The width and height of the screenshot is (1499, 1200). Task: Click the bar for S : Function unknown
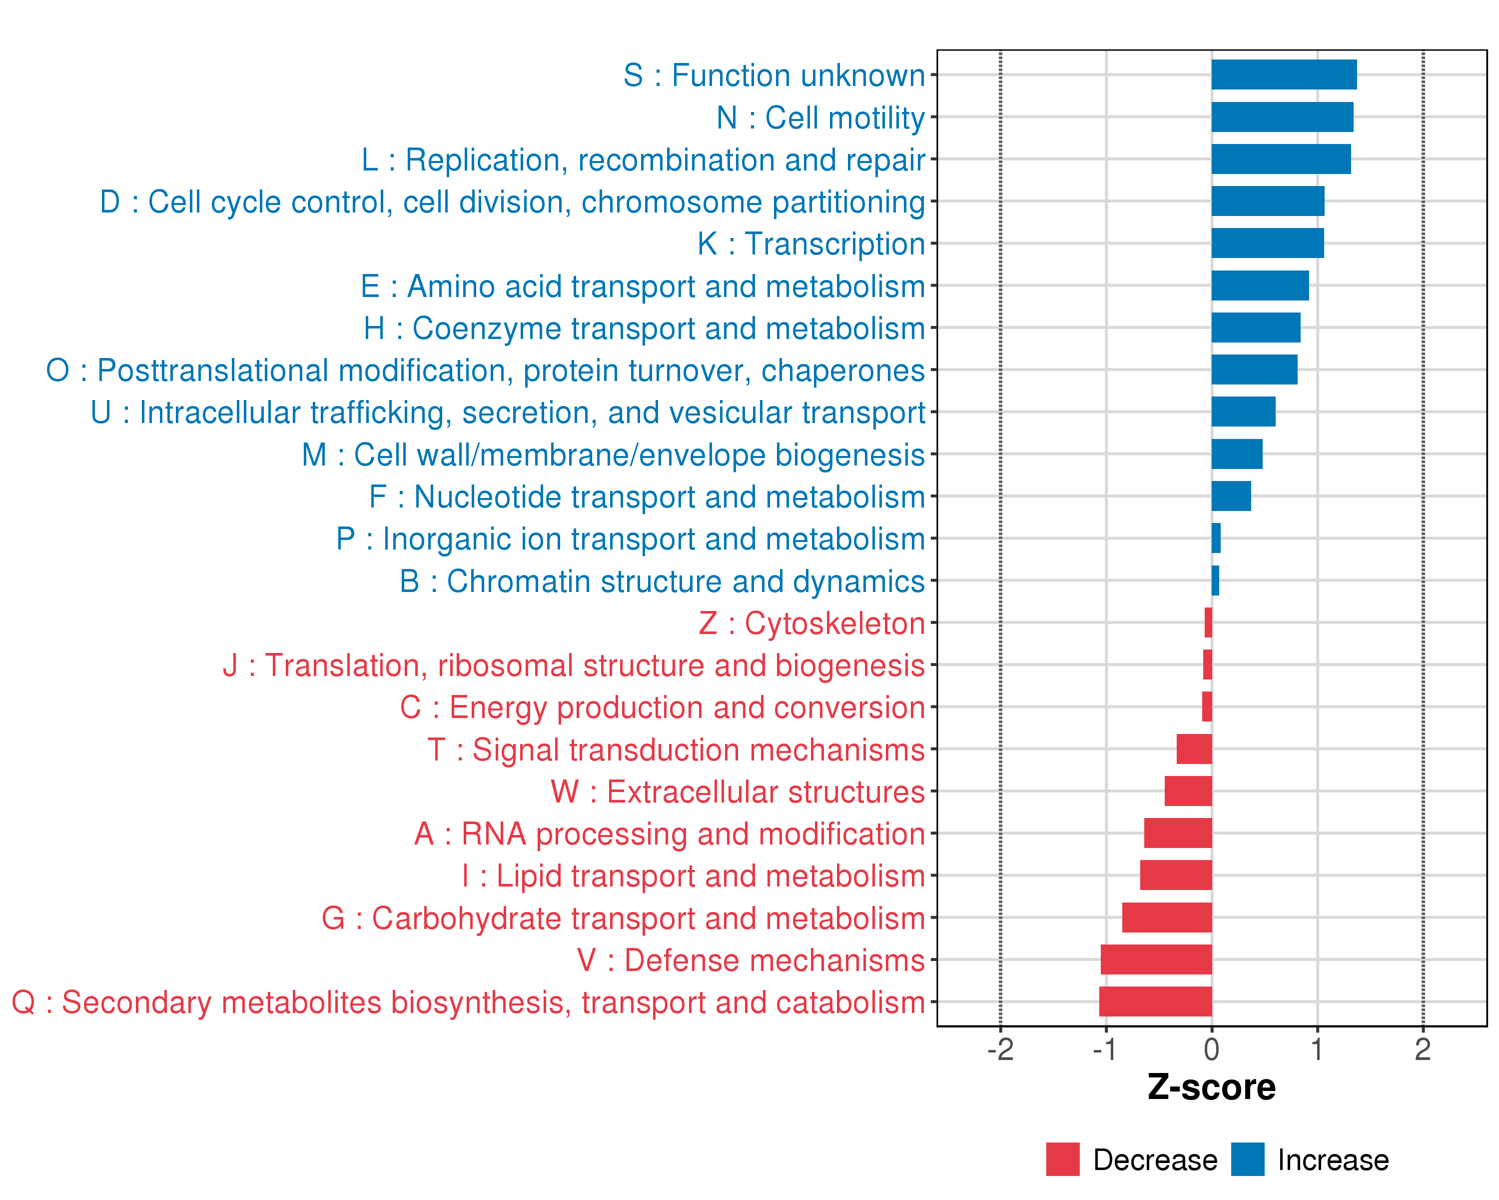(1284, 74)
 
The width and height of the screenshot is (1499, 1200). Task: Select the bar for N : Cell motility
(1282, 117)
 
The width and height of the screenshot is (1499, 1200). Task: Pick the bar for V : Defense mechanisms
(1156, 959)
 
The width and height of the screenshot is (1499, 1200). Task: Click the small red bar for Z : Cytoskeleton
(1208, 622)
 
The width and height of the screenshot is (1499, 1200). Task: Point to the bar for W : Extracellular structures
(1188, 791)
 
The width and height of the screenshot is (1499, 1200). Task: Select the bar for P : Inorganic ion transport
(1216, 538)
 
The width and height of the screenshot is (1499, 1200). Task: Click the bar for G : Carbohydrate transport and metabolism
(1167, 917)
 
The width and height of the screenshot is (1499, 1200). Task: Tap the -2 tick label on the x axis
(1000, 1049)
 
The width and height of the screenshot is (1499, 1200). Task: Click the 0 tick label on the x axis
(1212, 1049)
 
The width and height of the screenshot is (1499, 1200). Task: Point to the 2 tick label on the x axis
(1423, 1049)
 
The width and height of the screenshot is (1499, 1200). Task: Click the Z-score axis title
(1211, 1087)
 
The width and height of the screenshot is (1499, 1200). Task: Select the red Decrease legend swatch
(1062, 1159)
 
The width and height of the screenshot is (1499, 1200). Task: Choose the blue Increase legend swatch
(1247, 1159)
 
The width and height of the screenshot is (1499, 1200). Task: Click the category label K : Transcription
(810, 244)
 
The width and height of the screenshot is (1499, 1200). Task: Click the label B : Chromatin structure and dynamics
(662, 581)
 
